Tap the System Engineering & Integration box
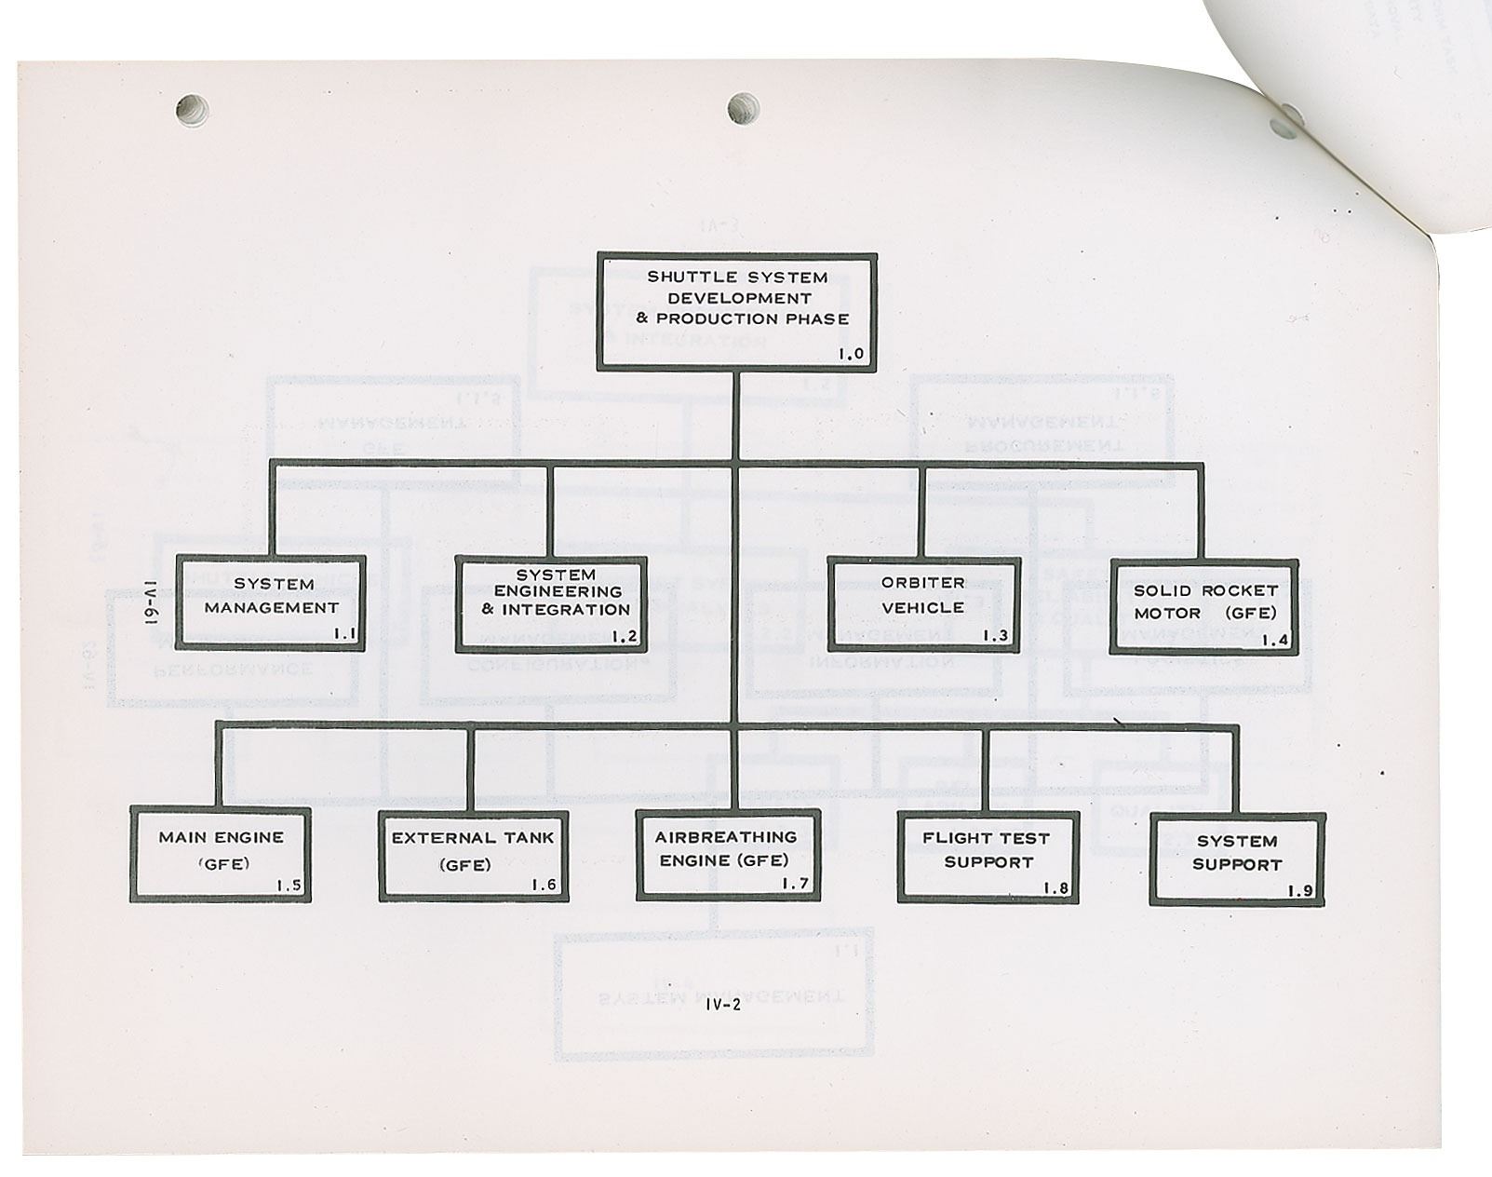[551, 603]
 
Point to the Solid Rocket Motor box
[1204, 606]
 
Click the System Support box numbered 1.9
[1237, 859]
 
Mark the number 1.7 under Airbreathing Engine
[794, 884]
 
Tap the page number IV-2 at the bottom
[722, 1004]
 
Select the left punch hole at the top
[192, 111]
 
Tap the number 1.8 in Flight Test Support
[1055, 887]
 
